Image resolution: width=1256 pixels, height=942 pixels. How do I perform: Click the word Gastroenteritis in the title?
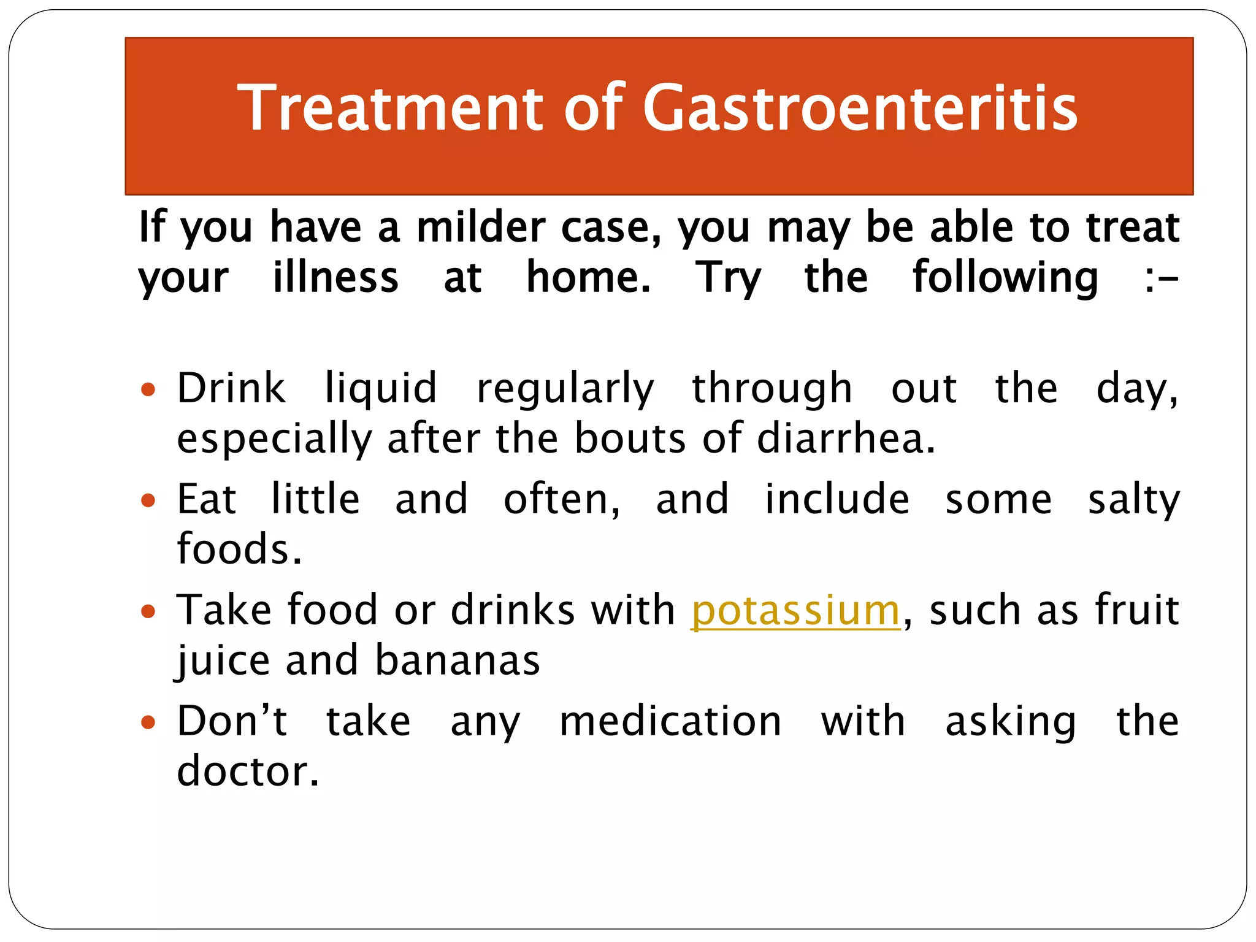click(860, 109)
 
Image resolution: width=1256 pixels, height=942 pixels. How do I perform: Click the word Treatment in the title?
click(391, 109)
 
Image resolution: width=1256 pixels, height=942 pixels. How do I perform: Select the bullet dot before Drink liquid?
click(148, 389)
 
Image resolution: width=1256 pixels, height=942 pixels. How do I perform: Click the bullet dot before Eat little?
click(148, 500)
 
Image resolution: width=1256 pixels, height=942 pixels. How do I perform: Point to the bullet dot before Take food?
click(148, 611)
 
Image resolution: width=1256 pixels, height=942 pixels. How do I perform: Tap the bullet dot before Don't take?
click(148, 722)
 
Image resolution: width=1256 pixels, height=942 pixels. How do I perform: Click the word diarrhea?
click(846, 438)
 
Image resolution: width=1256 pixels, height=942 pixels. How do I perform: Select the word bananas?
click(458, 661)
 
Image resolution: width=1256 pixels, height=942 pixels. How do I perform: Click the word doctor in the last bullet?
click(248, 771)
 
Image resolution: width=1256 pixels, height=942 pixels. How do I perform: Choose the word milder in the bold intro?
click(481, 228)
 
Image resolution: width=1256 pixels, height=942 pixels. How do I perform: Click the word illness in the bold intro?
click(335, 277)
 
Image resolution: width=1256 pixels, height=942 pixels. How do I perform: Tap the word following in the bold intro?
click(1005, 278)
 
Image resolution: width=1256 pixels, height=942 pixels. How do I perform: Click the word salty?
click(1133, 500)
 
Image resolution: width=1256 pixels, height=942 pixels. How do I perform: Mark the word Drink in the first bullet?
click(231, 388)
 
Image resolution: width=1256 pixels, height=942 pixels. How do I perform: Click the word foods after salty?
click(239, 549)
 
